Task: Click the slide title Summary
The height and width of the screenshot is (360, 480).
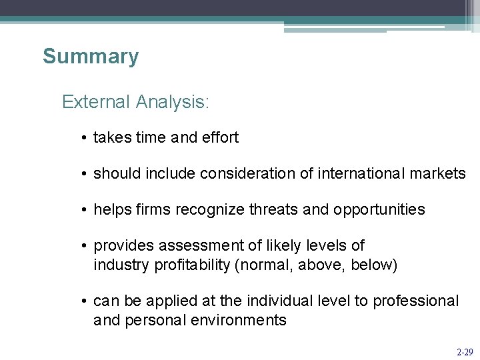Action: [91, 57]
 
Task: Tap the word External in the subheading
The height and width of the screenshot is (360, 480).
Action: [95, 102]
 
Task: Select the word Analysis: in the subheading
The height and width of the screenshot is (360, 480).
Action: [172, 102]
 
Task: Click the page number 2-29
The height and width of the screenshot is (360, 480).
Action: [465, 351]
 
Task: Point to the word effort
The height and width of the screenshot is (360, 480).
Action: [219, 138]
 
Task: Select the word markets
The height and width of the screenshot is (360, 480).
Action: [440, 174]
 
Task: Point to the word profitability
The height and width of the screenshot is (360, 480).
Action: [193, 265]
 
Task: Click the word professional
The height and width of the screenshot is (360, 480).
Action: [415, 301]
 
